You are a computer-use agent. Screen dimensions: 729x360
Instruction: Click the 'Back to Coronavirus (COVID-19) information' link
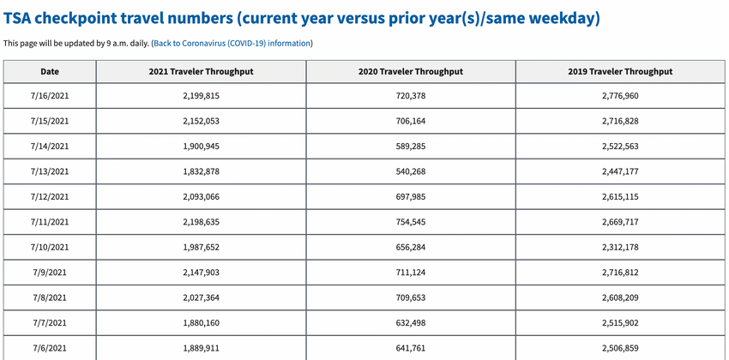coord(232,43)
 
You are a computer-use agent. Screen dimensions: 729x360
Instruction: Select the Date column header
coord(50,71)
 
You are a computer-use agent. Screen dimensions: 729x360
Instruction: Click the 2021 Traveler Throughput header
coord(202,71)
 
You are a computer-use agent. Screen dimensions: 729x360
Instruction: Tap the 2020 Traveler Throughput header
coord(411,71)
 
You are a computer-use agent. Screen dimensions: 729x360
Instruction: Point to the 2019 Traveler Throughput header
coord(621,71)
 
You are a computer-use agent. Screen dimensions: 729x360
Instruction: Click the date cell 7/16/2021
coord(50,96)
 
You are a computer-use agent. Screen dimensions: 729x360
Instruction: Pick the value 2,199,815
coord(202,96)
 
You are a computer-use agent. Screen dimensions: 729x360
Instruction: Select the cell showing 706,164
coord(411,121)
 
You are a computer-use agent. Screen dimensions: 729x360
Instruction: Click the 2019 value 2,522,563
coord(621,147)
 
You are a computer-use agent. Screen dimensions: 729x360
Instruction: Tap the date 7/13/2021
coord(50,171)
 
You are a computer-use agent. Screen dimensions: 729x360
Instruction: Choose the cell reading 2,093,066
coord(202,196)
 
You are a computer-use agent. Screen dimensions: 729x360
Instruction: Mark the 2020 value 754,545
coord(411,222)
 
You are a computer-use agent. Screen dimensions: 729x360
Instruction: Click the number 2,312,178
coord(621,247)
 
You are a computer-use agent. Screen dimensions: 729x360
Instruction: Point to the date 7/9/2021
coord(50,273)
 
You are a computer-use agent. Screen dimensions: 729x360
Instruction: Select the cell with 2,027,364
coord(202,297)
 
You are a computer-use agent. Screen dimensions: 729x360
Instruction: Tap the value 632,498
coord(411,322)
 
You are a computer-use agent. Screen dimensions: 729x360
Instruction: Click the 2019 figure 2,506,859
coord(621,347)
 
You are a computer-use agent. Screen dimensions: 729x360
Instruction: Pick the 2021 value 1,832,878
coord(202,171)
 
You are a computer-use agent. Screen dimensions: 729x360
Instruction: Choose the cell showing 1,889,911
coord(202,347)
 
